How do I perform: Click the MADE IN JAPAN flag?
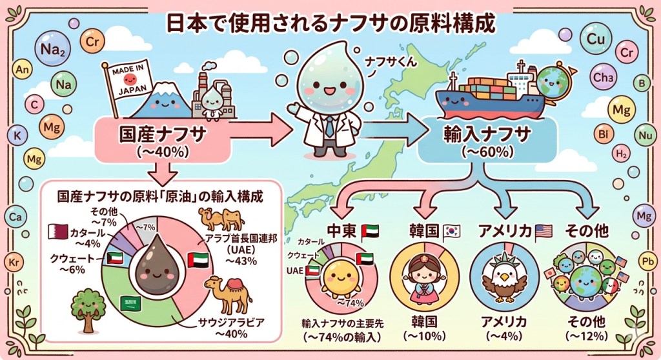(x=128, y=79)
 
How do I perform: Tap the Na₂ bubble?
(x=53, y=49)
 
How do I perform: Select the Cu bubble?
(x=596, y=39)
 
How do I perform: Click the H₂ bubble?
(x=622, y=154)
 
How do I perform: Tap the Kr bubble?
(x=14, y=263)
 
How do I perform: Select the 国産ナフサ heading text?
(x=162, y=134)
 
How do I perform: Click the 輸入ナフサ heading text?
(x=487, y=134)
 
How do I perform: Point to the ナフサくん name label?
(x=391, y=62)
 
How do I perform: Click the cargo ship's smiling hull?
(x=490, y=103)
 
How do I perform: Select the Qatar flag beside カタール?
(x=57, y=232)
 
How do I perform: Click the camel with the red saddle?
(x=228, y=295)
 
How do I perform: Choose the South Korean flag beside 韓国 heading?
(x=451, y=232)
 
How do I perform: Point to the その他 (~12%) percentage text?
(x=586, y=336)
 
